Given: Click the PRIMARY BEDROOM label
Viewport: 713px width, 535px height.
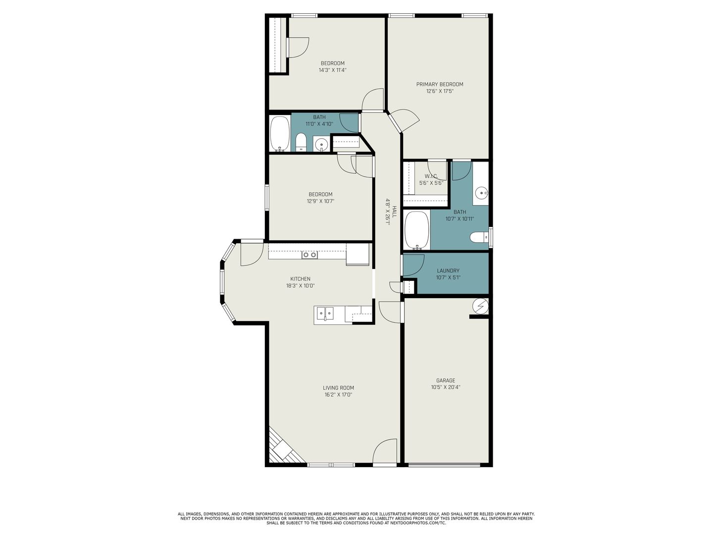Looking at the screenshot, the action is point(440,84).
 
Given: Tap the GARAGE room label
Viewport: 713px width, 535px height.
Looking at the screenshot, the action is point(445,380).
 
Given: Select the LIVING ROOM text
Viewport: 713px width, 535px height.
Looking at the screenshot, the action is point(338,388).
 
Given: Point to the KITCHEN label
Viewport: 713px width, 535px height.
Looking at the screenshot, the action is point(300,279).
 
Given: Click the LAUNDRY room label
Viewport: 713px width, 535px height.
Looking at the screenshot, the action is point(448,271).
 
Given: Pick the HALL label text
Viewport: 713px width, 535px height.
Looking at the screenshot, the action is point(394,212).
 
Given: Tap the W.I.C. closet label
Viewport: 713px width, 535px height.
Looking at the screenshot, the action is point(431,176).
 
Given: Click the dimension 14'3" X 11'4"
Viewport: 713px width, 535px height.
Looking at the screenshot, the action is point(333,70).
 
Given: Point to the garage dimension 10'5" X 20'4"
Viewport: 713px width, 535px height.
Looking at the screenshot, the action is point(445,387).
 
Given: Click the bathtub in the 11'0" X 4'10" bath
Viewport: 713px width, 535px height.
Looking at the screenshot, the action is point(280,134).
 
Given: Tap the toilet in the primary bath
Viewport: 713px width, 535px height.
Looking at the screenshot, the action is point(479,237).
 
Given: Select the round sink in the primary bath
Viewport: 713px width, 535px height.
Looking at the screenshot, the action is point(481,194).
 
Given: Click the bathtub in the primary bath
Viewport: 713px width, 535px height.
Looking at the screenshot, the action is point(417,230).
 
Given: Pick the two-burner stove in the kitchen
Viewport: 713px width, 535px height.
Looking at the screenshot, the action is point(309,255).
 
